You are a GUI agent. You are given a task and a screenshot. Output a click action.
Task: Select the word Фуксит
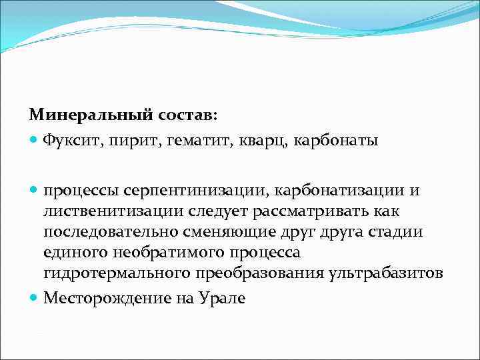(x=69, y=140)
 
